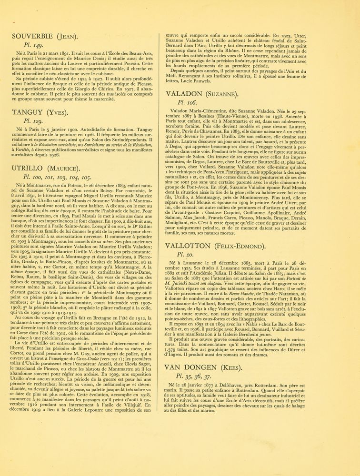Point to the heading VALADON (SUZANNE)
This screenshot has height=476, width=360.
pos(202,94)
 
